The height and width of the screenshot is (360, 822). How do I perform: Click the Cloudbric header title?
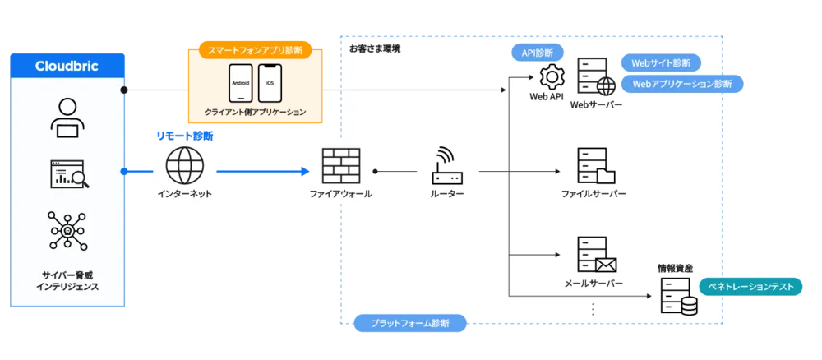67,66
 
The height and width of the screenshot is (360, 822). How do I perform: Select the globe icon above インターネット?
185,164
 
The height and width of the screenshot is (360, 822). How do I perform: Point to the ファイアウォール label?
340,194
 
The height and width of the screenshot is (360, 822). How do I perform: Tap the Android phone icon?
240,84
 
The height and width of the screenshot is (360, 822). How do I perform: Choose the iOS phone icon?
270,84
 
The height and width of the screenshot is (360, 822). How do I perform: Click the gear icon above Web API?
550,77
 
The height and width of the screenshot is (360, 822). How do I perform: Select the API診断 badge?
538,52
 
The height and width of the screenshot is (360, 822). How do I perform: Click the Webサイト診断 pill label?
661,62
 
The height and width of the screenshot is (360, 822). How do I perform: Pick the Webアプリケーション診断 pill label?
681,84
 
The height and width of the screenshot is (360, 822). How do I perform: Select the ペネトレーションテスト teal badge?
750,287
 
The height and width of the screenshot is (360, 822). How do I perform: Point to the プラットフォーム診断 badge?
410,324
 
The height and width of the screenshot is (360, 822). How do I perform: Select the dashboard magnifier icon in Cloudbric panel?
67,174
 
